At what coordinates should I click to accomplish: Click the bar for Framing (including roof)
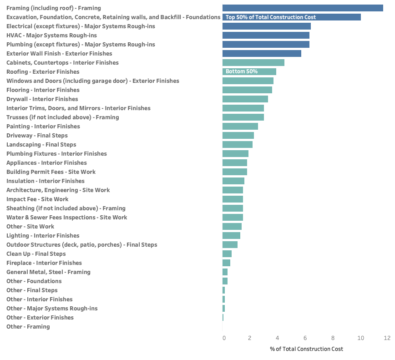click(x=303, y=8)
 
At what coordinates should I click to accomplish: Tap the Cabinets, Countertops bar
click(x=253, y=62)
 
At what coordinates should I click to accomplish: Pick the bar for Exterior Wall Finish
click(x=262, y=53)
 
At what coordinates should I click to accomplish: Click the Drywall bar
click(x=245, y=99)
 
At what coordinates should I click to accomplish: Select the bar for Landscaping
click(x=238, y=144)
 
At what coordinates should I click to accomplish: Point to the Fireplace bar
click(x=226, y=263)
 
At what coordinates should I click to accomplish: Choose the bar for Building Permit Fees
click(x=235, y=172)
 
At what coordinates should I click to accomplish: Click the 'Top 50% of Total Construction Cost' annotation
click(x=270, y=17)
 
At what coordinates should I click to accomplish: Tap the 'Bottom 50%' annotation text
click(x=242, y=71)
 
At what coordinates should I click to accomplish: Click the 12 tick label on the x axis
click(x=387, y=338)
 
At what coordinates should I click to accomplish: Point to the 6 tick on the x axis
click(x=305, y=338)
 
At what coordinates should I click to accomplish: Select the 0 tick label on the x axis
click(x=224, y=338)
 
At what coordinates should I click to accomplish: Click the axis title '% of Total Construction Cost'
click(x=306, y=349)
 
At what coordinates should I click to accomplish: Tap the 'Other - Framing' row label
click(x=28, y=326)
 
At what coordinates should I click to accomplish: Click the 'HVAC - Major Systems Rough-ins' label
click(x=51, y=35)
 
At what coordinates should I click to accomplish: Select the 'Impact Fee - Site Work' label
click(x=37, y=199)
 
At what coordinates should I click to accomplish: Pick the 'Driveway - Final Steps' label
click(x=37, y=135)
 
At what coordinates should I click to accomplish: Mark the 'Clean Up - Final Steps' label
click(x=36, y=254)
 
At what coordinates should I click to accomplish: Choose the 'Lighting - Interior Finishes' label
click(x=43, y=235)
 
